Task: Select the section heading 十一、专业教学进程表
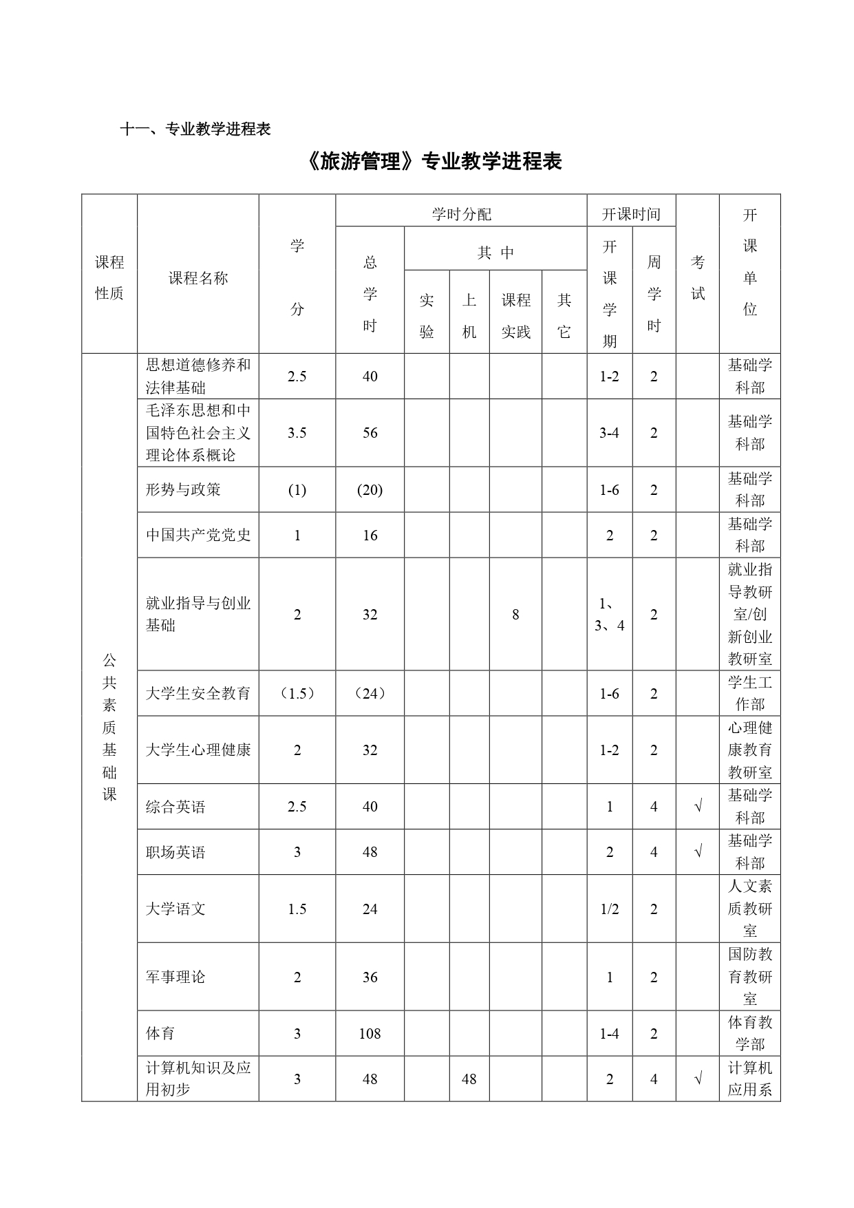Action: point(195,129)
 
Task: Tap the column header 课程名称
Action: point(198,278)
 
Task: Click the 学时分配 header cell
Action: point(461,214)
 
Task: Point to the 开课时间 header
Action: point(631,214)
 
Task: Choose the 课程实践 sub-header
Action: point(515,316)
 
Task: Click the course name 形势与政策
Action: point(184,489)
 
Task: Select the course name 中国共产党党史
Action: point(198,535)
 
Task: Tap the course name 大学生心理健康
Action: point(198,750)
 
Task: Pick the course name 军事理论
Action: point(175,977)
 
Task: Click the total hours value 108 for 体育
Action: point(370,1033)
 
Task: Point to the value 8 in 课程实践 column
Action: point(515,615)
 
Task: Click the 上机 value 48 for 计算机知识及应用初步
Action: point(469,1079)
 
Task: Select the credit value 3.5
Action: point(297,433)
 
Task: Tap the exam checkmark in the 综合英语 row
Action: point(698,807)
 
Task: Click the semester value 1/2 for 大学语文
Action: point(610,909)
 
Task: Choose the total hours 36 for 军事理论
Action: point(370,977)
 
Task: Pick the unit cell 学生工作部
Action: point(750,693)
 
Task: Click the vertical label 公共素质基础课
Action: point(109,728)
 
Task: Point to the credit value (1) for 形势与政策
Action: point(297,490)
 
